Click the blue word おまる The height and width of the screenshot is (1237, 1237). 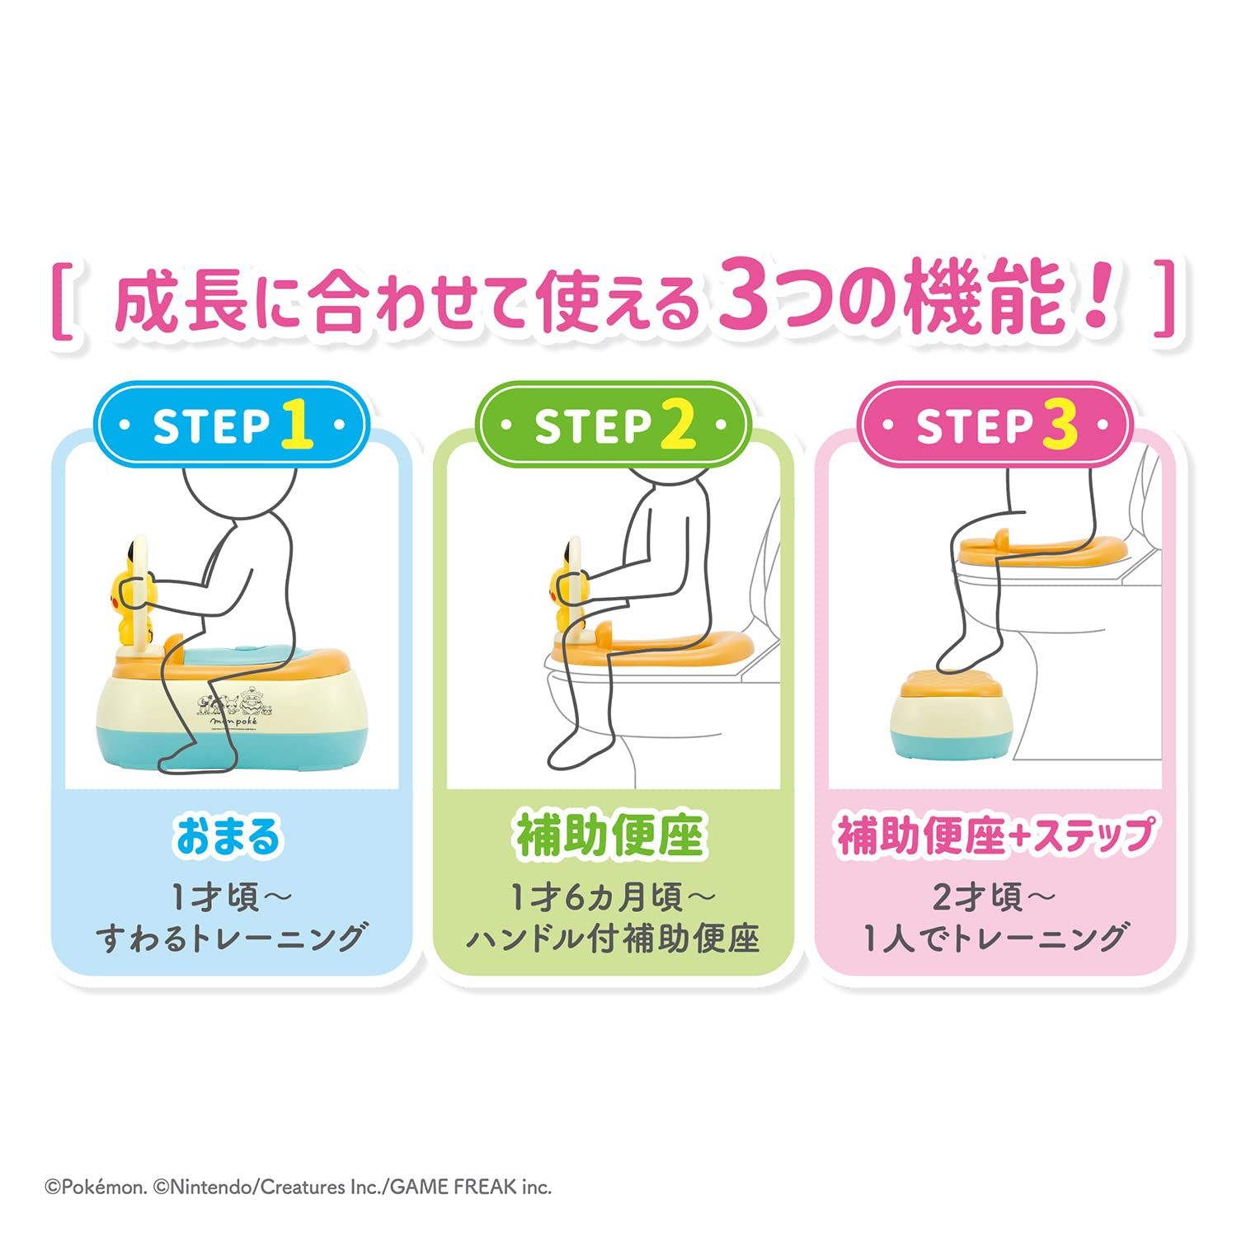coord(228,836)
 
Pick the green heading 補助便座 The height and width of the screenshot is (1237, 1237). coord(610,836)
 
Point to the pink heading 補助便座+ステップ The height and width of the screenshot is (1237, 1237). coord(995,836)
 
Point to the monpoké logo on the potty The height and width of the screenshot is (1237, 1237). coord(233,719)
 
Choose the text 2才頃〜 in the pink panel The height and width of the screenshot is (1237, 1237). coord(994,897)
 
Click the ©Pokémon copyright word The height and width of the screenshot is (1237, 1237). coord(96,1188)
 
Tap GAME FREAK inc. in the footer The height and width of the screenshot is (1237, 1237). coord(470,1188)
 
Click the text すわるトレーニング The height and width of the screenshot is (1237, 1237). coord(230,938)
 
